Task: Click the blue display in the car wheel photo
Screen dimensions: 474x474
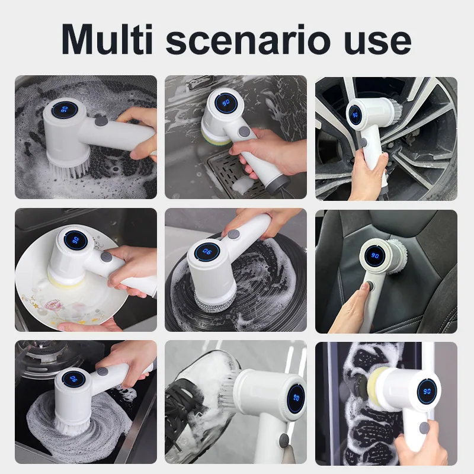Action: click(354, 115)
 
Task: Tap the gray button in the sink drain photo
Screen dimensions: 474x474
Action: click(244, 132)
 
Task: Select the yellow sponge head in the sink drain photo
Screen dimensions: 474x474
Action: click(216, 137)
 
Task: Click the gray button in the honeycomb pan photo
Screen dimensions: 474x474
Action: click(101, 121)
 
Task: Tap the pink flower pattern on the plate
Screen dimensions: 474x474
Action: click(54, 305)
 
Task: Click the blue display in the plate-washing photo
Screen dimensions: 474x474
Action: click(76, 241)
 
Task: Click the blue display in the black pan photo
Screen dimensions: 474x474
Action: click(207, 251)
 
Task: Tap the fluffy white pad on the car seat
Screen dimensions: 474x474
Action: click(397, 256)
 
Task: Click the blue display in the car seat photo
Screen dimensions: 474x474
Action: click(375, 256)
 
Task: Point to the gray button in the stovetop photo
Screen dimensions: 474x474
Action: click(103, 371)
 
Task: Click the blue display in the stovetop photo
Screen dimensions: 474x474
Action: click(73, 378)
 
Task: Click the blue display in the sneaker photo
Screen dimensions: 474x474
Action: click(296, 399)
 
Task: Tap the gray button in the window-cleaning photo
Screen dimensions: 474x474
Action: click(424, 427)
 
